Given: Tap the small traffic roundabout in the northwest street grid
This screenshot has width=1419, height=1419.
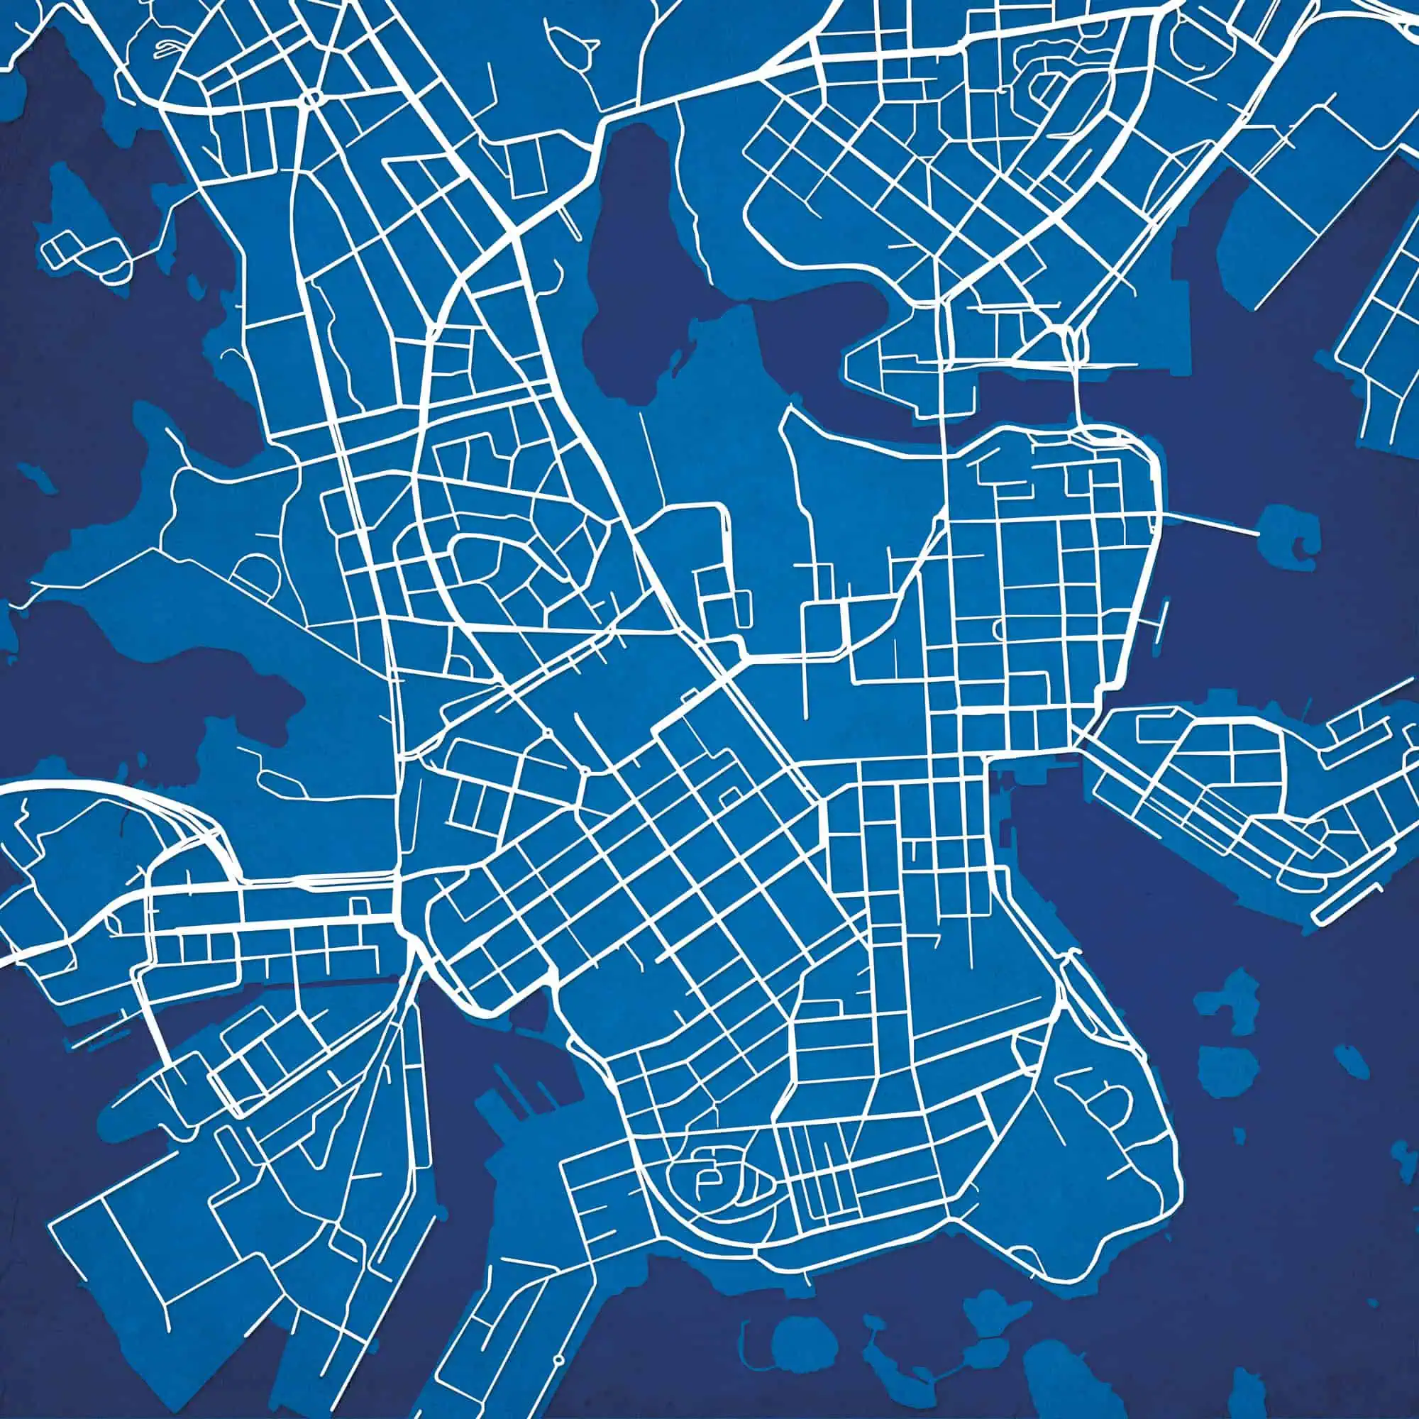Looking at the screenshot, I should [313, 99].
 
